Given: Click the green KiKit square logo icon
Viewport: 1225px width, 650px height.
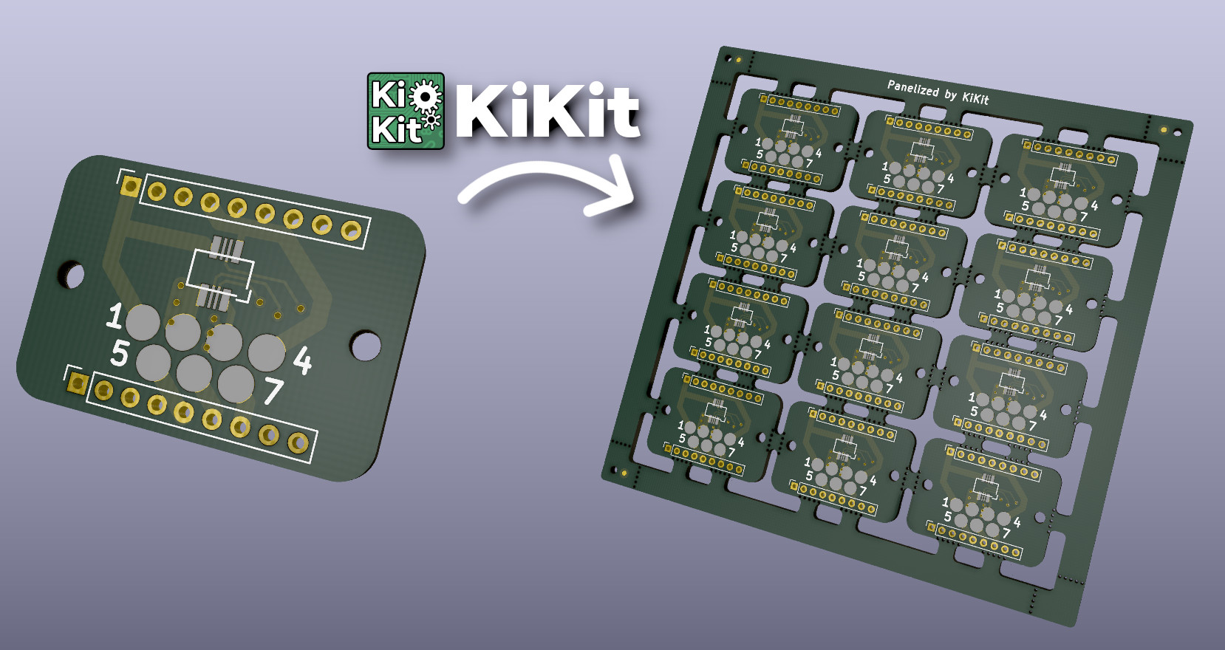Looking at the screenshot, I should pos(406,111).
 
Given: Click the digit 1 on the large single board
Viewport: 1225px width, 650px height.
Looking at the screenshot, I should pos(114,315).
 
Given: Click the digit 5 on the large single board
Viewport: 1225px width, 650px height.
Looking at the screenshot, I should pos(119,353).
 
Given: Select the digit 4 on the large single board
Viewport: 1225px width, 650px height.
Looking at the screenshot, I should pos(302,360).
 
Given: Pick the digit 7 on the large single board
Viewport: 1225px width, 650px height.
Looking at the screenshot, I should pos(273,391).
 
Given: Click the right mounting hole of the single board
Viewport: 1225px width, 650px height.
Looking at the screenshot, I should pos(365,345).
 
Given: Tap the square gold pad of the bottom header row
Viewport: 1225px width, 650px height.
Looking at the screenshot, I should pos(78,383).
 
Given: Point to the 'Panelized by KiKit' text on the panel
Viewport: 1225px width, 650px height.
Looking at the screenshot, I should pos(938,92).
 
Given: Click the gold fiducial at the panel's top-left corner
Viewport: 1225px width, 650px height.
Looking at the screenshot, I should pos(737,59).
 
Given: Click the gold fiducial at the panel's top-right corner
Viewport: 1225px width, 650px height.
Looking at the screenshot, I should pos(1164,130).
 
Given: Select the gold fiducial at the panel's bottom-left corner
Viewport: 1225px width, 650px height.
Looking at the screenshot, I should pos(624,471).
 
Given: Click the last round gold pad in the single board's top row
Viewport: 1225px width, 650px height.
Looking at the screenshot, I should pos(350,232).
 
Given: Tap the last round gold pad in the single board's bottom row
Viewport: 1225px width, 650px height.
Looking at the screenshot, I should pos(298,442).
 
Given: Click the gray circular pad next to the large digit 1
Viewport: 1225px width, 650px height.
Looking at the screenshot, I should pos(143,323).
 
